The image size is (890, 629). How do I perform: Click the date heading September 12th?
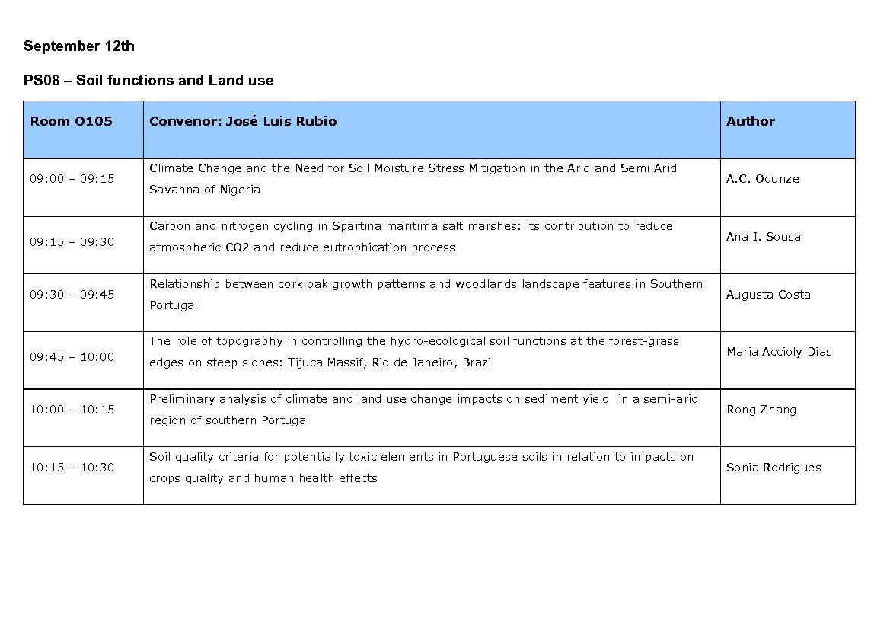coord(79,46)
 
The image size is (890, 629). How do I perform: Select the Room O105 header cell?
coord(71,122)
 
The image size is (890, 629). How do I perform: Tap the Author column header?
coord(750,122)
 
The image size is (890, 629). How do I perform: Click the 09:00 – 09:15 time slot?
coord(72,179)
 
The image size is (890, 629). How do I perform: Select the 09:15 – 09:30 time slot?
coord(72,242)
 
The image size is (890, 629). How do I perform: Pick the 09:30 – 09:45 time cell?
coord(72,295)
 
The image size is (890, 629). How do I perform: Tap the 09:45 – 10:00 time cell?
coord(72,357)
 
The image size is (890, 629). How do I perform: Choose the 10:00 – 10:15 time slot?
coord(72,410)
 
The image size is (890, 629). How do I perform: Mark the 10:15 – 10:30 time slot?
coord(72,468)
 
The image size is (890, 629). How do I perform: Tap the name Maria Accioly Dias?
coord(779,352)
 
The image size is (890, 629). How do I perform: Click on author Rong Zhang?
coord(761,410)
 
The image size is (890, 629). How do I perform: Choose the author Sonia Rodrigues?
coord(774,468)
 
